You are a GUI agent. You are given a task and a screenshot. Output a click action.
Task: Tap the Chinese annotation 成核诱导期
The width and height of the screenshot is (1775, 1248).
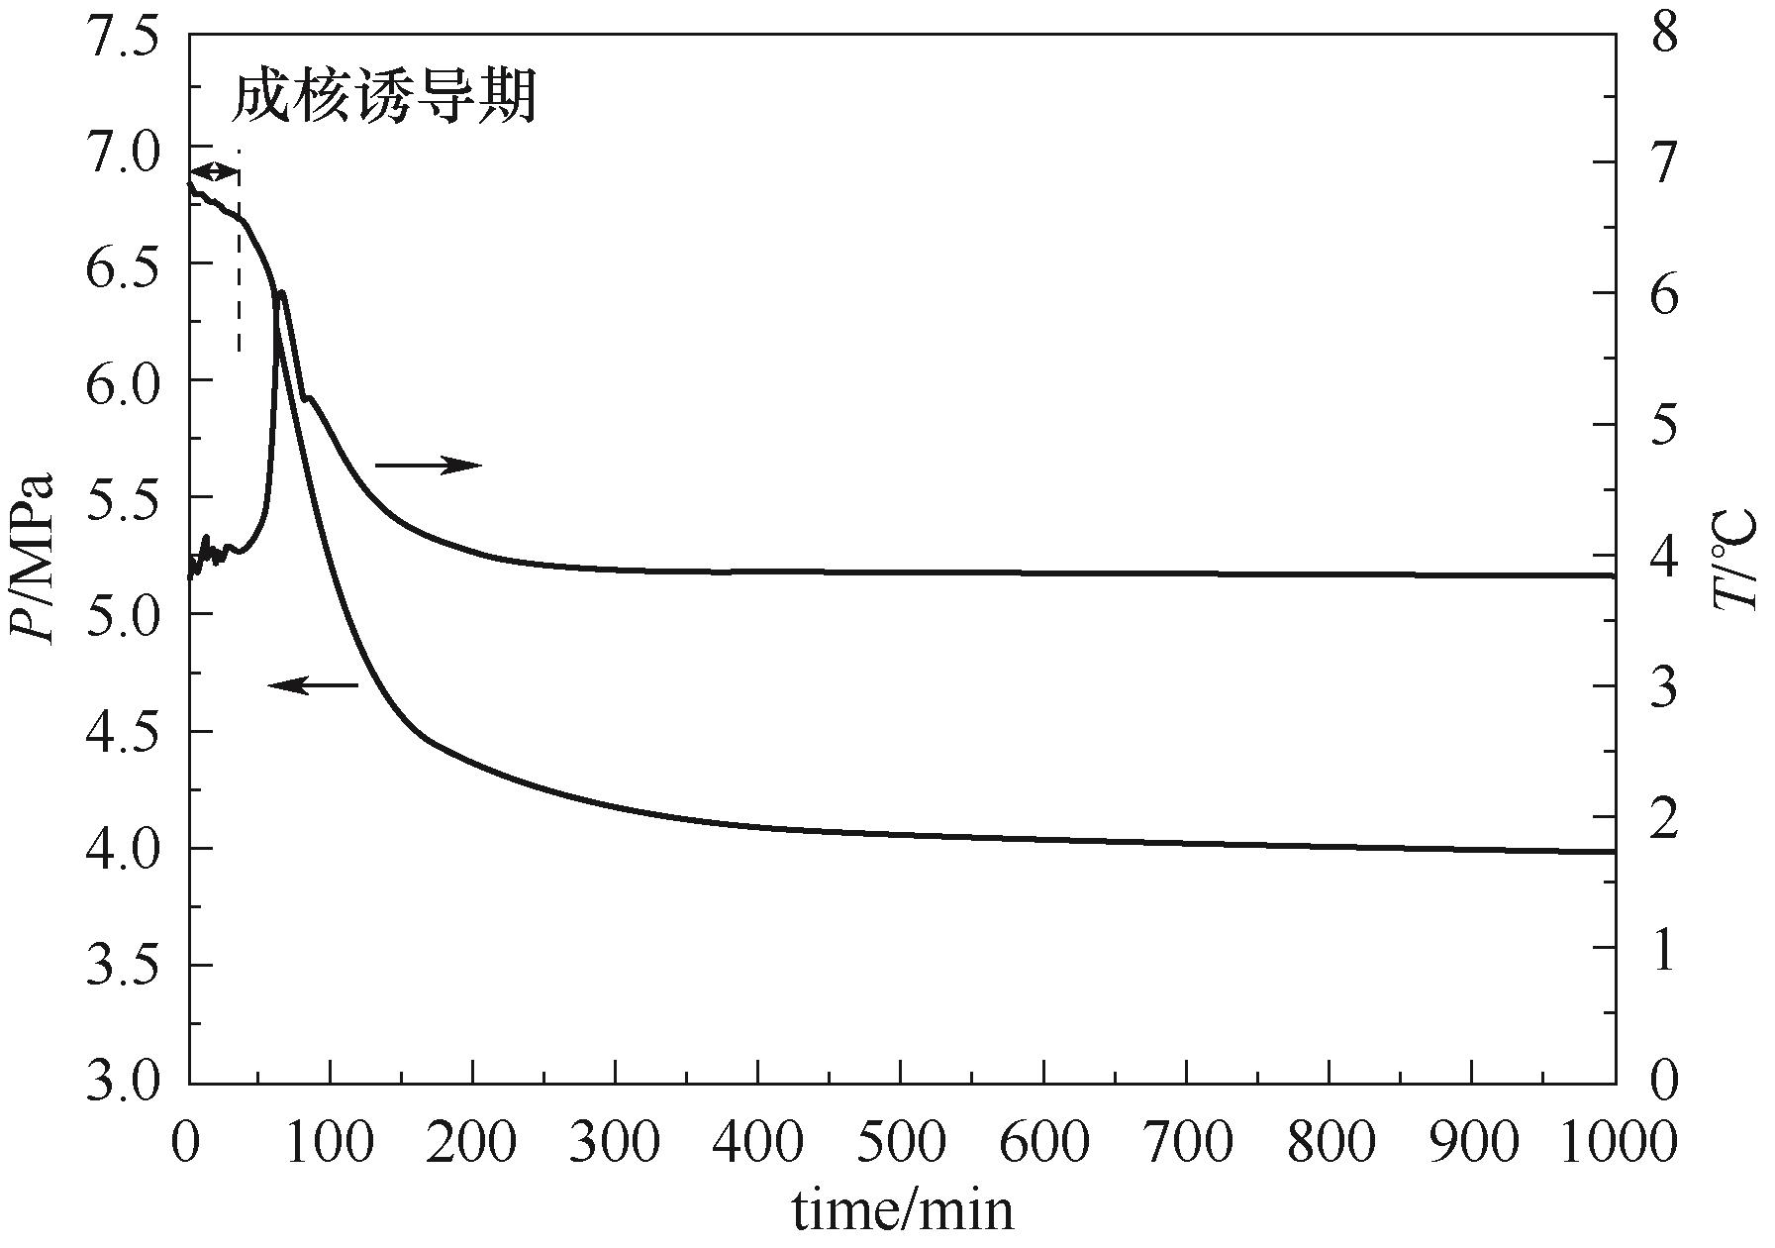click(384, 98)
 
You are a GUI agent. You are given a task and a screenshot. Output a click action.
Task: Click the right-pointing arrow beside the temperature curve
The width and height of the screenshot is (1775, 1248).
click(428, 465)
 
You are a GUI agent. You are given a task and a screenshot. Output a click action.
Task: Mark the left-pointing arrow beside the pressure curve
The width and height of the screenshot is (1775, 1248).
click(314, 684)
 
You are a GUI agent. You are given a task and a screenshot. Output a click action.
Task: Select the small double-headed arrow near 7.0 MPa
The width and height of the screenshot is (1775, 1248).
click(215, 171)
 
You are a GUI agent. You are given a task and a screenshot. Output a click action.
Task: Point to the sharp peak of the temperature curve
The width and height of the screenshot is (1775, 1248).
click(282, 292)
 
